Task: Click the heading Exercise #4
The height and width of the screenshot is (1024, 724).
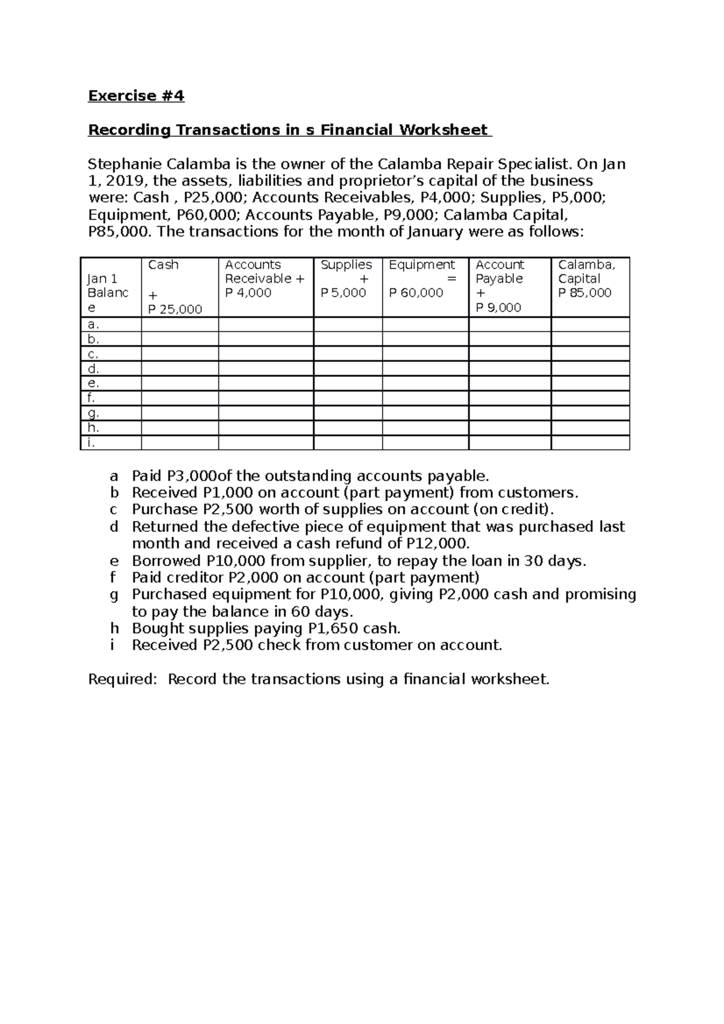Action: pos(136,96)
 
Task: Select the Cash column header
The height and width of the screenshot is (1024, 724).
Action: pos(163,265)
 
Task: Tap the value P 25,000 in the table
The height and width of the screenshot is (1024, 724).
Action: pos(175,309)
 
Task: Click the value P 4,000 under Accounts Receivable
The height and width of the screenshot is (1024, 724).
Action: pos(248,293)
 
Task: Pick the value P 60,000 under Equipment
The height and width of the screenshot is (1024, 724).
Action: pos(416,293)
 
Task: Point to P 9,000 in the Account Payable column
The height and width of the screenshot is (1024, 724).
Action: pos(498,308)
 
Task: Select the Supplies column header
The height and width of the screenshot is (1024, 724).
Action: pos(346,265)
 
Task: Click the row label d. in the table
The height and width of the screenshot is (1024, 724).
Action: pos(93,368)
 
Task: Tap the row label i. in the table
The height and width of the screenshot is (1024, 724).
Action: pos(91,443)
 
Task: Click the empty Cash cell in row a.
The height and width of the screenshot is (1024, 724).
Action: pos(179,324)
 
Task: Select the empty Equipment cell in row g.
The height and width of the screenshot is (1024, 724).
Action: pos(425,413)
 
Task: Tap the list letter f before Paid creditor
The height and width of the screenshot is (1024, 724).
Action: pos(113,577)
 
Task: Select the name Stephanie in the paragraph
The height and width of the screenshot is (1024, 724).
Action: pos(124,164)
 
